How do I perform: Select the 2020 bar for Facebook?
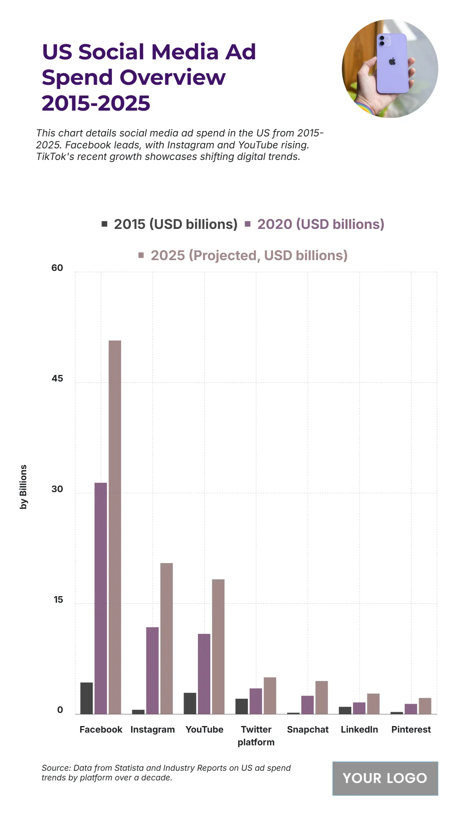101,598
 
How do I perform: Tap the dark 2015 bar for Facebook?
86,698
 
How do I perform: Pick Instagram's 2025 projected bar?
166,638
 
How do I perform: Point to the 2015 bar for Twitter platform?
242,706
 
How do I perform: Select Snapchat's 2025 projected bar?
321,697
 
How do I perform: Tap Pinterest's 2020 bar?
411,709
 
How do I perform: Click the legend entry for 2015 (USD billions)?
170,224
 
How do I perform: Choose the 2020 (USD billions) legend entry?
315,224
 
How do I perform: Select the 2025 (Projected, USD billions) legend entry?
243,256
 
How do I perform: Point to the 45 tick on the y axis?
57,378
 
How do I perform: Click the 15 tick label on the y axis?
58,600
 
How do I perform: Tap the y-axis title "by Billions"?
24,487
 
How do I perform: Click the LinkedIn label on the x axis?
359,730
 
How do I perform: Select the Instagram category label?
152,730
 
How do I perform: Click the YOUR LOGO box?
385,778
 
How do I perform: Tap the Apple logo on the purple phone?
392,61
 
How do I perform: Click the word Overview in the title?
172,77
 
